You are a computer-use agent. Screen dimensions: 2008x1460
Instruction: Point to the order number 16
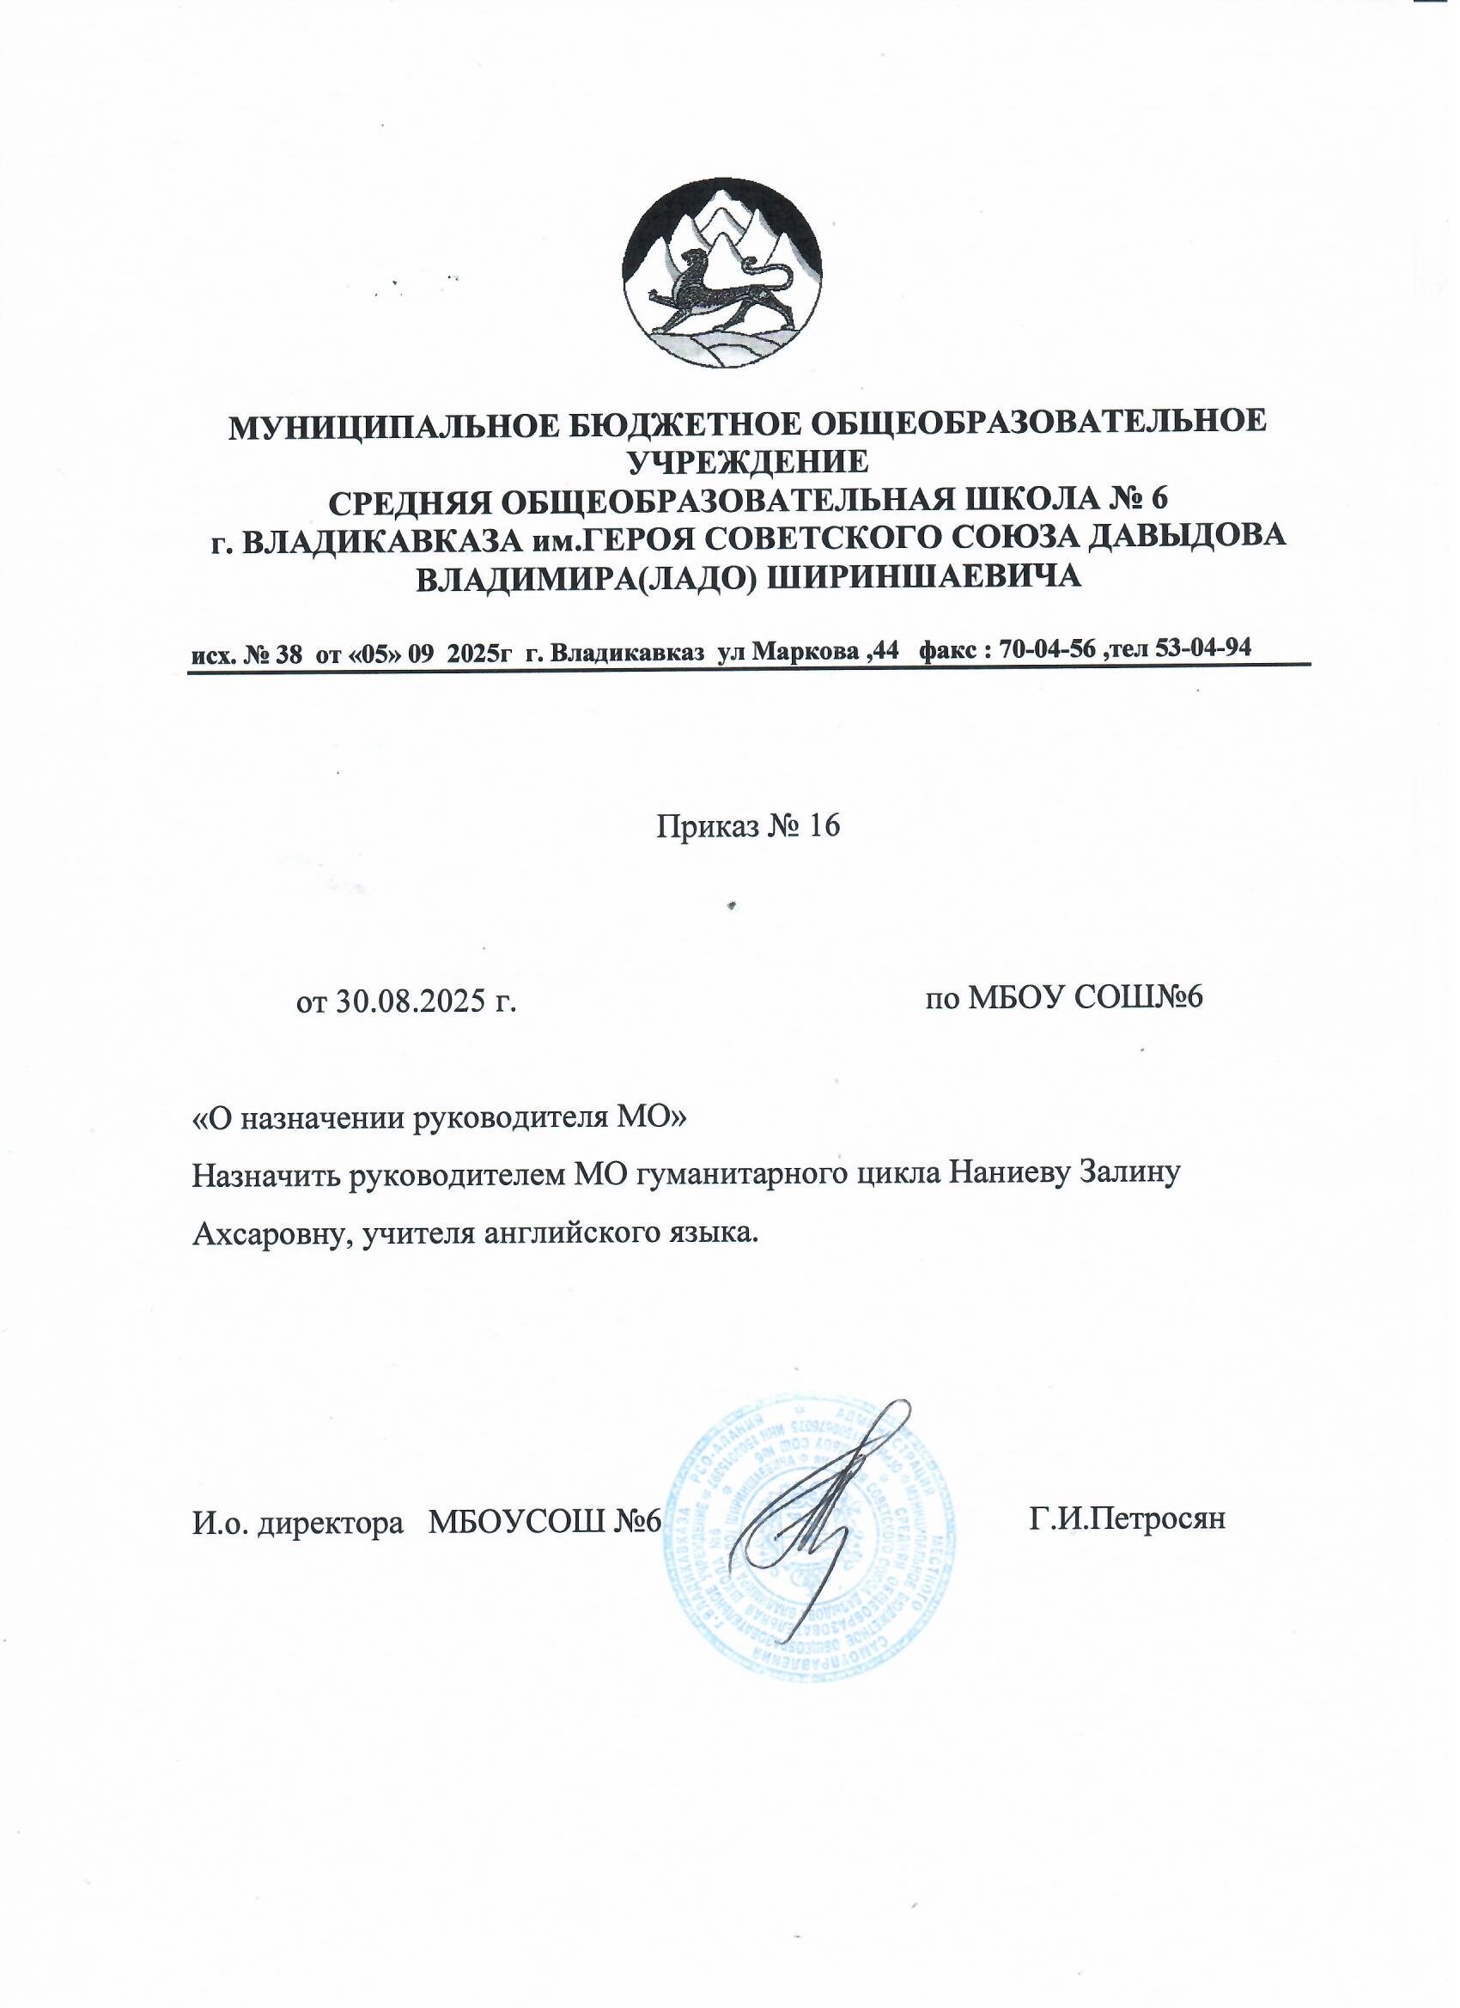(820, 827)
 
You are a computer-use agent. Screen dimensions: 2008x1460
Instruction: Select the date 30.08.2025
(408, 1001)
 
